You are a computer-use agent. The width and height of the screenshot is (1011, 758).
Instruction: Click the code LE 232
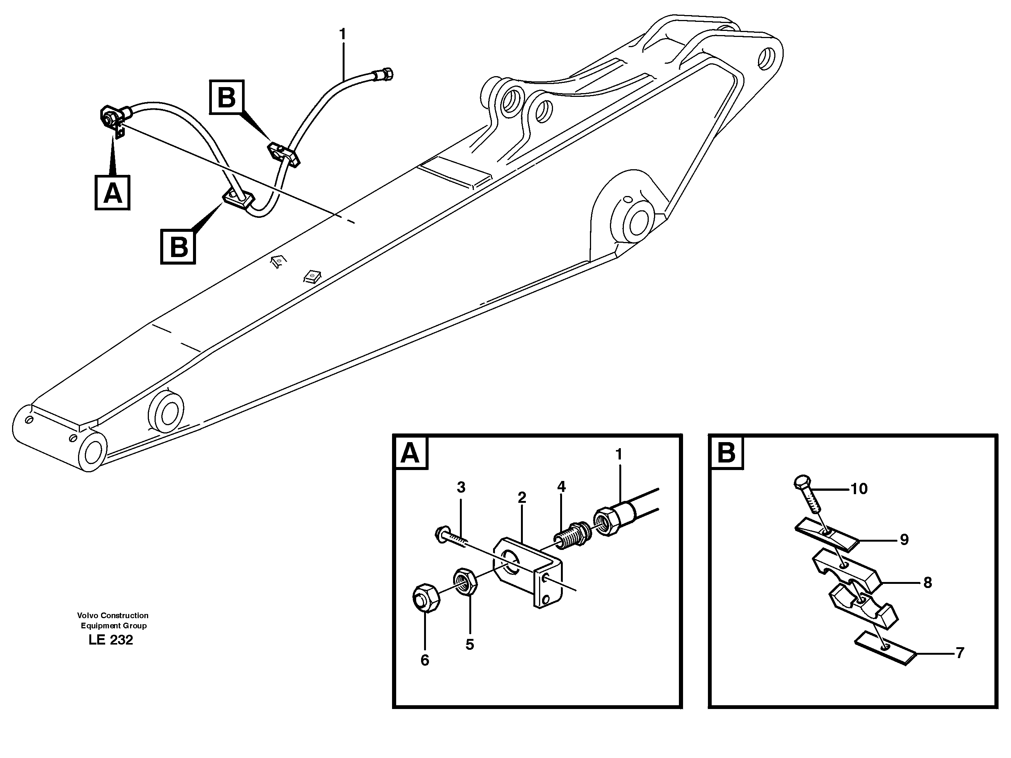110,640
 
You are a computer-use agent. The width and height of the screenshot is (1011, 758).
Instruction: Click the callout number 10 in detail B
859,489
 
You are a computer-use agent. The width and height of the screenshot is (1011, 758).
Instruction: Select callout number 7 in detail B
960,653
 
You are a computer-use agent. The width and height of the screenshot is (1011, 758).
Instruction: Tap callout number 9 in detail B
904,540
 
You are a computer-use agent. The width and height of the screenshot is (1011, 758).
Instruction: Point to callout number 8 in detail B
927,583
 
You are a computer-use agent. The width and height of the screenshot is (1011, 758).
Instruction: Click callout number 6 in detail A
424,660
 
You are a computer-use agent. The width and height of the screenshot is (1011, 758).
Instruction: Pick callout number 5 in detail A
469,645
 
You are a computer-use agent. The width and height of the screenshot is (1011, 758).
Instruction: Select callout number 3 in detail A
461,487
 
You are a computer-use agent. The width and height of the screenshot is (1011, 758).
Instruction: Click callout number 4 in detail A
561,487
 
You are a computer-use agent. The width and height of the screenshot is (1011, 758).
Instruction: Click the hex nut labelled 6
426,597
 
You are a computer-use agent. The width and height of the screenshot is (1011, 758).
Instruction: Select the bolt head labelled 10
803,482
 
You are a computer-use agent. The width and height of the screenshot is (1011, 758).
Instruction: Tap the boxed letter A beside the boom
112,193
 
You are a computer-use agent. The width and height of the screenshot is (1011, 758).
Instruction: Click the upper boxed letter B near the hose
227,97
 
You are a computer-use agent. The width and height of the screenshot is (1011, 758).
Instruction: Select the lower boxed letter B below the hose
178,247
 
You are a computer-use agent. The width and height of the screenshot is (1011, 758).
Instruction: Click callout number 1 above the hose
342,34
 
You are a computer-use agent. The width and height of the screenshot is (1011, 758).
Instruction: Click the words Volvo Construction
112,616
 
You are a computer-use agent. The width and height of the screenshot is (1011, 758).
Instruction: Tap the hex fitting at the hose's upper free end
386,74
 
